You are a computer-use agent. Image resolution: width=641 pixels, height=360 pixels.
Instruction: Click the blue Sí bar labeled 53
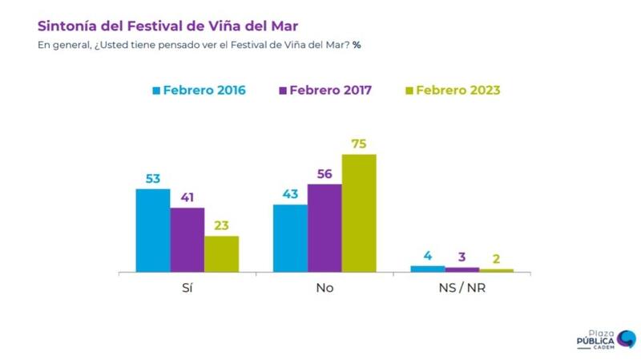pos(153,231)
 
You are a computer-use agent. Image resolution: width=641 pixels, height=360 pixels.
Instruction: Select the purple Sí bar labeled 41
pos(187,241)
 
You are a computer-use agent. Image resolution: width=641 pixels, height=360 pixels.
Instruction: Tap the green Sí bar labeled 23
pos(221,254)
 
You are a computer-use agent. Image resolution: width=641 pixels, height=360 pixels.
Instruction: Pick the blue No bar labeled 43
pos(290,239)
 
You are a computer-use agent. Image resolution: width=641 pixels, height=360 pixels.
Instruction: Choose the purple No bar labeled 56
pos(325,229)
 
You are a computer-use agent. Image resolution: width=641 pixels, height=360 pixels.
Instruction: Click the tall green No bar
pos(359,213)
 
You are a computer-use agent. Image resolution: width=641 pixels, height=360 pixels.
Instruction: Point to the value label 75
pos(359,144)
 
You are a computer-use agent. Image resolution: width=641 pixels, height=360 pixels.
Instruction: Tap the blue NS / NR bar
pos(427,269)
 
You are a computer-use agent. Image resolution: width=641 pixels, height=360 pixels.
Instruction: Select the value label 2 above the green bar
pos(496,258)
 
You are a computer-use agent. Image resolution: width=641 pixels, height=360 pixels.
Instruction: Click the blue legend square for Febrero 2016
pos(155,91)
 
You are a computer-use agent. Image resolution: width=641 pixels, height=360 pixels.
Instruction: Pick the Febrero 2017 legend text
pos(330,91)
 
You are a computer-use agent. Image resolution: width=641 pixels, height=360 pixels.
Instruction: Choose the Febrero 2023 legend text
pos(458,91)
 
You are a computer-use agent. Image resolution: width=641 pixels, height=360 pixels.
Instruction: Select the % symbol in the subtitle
pos(357,44)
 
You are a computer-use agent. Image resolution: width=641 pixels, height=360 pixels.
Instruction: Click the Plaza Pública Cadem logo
pos(606,340)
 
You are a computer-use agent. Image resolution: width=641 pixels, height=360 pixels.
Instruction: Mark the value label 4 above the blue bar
pos(428,256)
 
